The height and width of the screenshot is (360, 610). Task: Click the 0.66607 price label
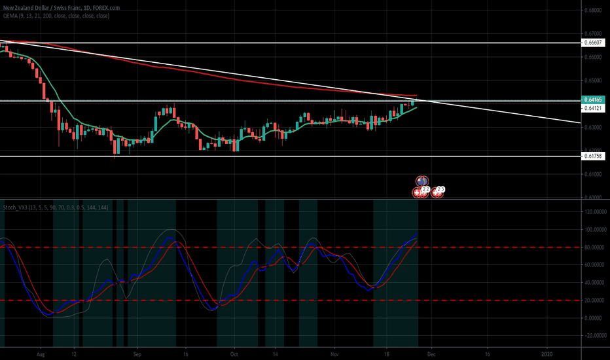tap(594, 43)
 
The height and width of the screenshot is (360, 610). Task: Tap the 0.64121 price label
tap(594, 108)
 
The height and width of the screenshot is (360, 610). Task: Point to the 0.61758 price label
tap(594, 156)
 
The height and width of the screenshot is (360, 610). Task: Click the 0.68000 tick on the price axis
tap(594, 10)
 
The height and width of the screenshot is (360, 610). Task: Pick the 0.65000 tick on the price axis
tap(594, 81)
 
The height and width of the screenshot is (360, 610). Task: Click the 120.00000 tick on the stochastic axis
tap(594, 212)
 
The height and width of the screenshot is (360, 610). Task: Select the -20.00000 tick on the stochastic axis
tap(594, 336)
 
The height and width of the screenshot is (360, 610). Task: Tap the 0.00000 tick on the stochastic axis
tap(594, 318)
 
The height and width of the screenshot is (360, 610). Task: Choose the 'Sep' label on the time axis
tap(137, 351)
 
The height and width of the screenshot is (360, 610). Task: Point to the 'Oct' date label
tap(234, 351)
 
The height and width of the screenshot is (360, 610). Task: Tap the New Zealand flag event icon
tap(423, 181)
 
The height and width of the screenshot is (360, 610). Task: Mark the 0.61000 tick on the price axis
tap(594, 174)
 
